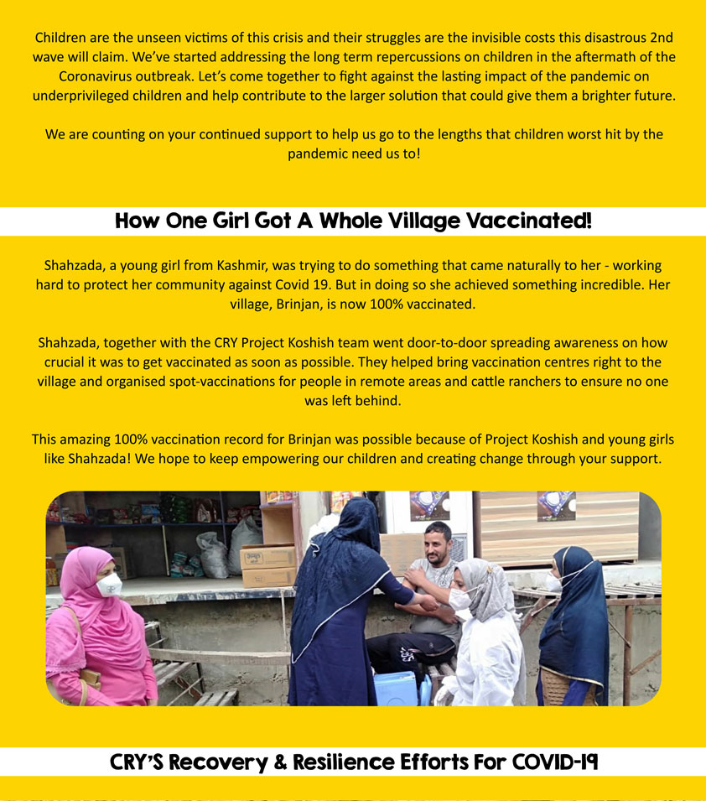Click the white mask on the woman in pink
click(x=110, y=585)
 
